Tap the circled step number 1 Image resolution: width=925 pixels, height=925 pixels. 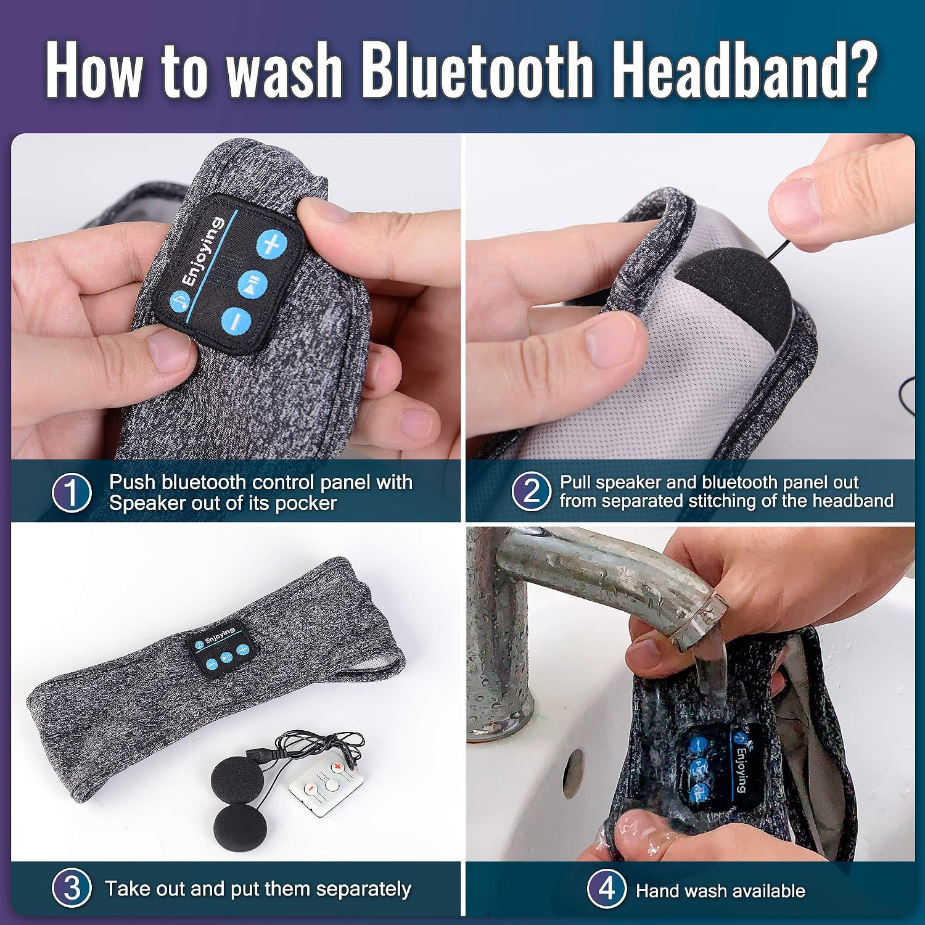(72, 493)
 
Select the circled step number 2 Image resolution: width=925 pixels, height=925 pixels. (531, 491)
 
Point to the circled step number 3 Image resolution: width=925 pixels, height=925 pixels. (72, 888)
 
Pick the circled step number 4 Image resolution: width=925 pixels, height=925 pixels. (607, 889)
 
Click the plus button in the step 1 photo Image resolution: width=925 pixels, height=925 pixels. (272, 245)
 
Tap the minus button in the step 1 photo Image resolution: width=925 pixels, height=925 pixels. (236, 322)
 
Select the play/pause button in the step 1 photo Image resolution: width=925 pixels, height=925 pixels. (253, 284)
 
